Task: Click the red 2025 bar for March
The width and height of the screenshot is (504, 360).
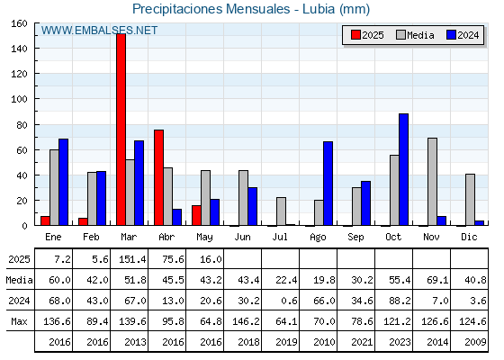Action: tap(121, 130)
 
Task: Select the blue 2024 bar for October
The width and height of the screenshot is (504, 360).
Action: tap(404, 169)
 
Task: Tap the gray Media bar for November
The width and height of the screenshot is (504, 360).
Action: tap(432, 182)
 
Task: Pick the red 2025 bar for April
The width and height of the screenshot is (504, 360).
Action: tap(158, 177)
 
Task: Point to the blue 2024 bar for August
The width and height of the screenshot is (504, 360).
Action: tap(328, 184)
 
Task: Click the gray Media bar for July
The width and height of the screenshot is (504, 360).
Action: tap(281, 211)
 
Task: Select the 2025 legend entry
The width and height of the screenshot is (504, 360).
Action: tap(367, 35)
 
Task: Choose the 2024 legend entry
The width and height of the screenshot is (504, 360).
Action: tap(463, 35)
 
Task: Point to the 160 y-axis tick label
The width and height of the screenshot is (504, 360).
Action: tap(20, 23)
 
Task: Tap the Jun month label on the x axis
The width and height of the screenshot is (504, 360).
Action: tap(242, 237)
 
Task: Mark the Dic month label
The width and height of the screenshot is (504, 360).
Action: tap(469, 237)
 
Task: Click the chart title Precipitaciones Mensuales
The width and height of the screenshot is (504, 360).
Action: tap(211, 9)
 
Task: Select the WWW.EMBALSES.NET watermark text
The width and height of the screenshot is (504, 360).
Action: tap(99, 31)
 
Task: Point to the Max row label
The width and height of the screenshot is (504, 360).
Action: tap(19, 321)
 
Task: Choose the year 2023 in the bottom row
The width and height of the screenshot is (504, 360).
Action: tap(400, 342)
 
